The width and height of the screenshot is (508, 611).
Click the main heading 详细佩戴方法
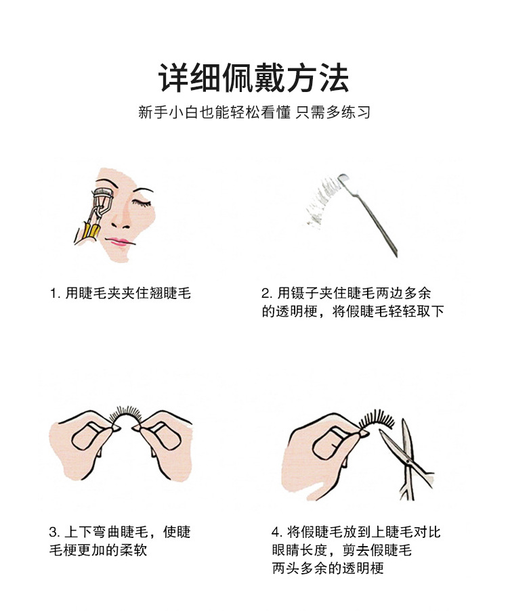(253, 79)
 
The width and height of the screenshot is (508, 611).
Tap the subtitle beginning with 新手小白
(253, 112)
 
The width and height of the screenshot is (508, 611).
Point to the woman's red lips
(117, 242)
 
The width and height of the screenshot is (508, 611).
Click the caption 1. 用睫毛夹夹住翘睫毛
(120, 293)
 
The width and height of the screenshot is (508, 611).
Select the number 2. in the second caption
(266, 293)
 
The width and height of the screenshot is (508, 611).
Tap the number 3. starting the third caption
(54, 532)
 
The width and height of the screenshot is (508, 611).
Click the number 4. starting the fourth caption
(277, 532)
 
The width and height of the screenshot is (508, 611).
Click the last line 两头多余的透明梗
(328, 568)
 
